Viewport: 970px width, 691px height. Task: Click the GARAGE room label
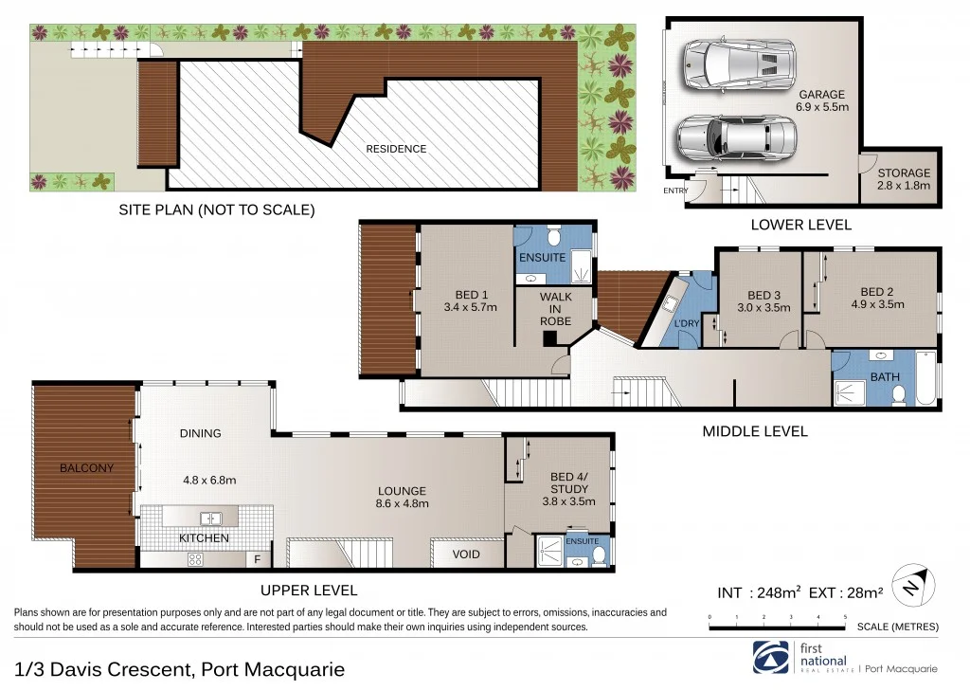(x=821, y=95)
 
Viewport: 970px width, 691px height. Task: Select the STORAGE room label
(x=903, y=173)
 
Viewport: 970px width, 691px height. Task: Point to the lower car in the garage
(x=731, y=138)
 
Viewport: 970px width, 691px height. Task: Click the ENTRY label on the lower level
(x=676, y=191)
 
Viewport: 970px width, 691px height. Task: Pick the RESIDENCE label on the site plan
(x=396, y=149)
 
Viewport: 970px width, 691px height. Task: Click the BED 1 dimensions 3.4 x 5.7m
(x=470, y=307)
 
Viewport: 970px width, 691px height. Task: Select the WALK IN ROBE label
(x=556, y=309)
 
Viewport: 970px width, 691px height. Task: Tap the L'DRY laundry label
(x=686, y=324)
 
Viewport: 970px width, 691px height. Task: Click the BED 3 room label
(x=763, y=295)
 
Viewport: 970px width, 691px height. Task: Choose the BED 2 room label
(x=877, y=292)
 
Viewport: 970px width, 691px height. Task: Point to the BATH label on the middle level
(x=885, y=377)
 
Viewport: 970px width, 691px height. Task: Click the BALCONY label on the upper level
(x=86, y=468)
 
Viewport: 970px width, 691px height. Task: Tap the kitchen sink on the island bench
(x=210, y=518)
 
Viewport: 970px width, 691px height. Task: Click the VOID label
(x=466, y=555)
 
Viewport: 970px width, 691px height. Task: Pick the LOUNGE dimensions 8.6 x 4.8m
(x=402, y=504)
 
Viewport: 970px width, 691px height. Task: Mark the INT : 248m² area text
(x=760, y=593)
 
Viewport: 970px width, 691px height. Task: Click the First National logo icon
(x=768, y=657)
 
